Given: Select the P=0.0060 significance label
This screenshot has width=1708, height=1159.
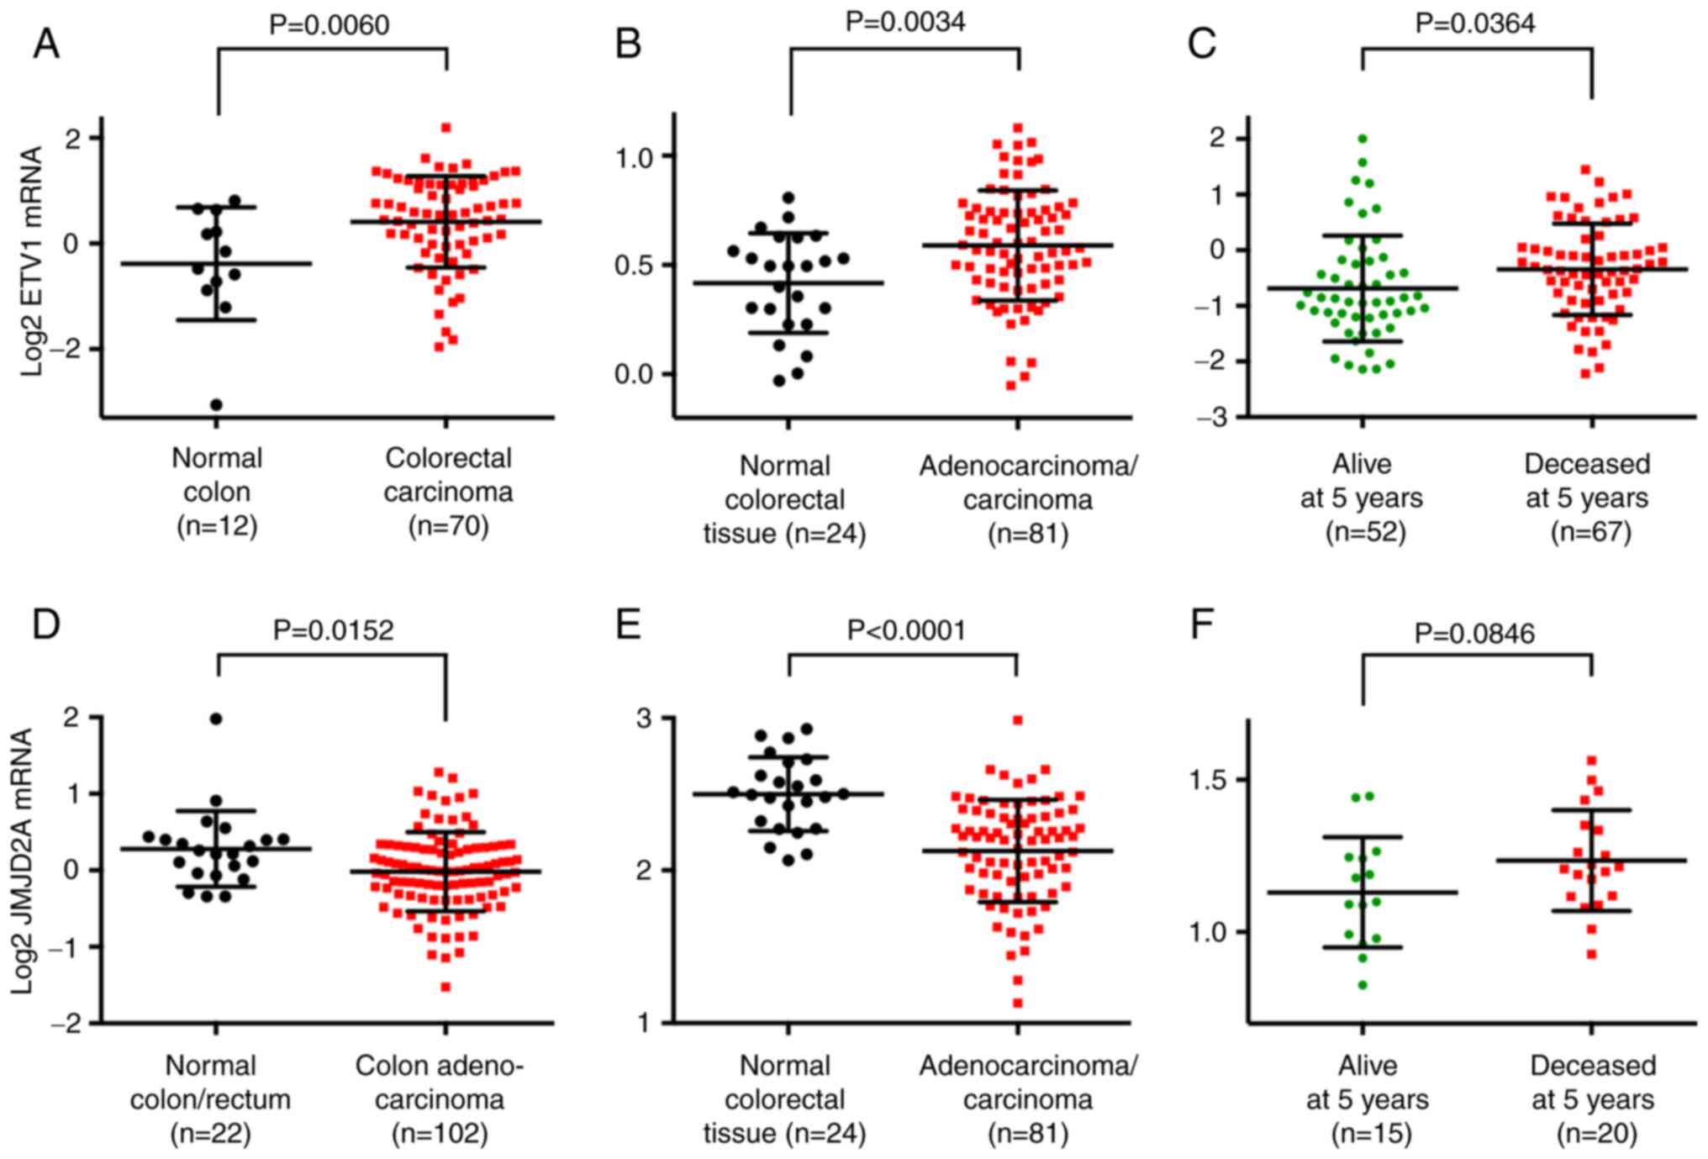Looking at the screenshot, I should point(329,24).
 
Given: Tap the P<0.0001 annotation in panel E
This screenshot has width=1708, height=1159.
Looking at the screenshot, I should point(906,630).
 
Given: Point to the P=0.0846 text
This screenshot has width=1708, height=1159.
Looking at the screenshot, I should point(1474,633).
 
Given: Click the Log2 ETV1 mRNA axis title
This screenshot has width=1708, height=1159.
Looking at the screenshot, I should point(32,261).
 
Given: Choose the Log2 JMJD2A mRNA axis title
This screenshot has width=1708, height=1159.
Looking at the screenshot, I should point(23,861).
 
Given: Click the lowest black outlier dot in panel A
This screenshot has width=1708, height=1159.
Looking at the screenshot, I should point(216,404).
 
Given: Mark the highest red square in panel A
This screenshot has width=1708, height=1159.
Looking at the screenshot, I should point(446,128).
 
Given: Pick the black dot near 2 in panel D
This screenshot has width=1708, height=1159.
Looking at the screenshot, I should point(216,719).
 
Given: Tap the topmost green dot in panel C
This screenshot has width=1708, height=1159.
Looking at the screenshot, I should point(1362,139).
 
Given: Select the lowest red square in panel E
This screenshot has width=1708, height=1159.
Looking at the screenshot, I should point(1018,1003).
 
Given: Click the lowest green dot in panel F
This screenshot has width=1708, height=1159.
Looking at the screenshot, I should point(1363,985).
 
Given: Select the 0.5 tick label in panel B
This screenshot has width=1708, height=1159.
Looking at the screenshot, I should point(635,266).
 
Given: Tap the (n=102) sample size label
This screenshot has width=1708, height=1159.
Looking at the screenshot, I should point(440,1134).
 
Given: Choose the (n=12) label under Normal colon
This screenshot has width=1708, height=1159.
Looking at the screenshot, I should point(217,526).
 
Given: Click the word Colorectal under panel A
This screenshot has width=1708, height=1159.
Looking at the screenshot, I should point(448,459).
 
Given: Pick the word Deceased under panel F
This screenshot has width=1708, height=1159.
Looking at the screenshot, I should point(1593,1066).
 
